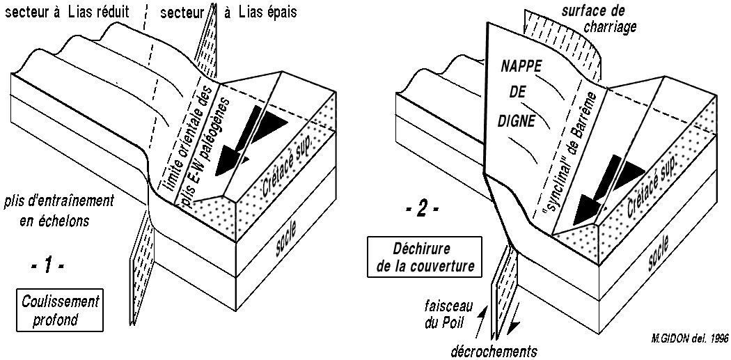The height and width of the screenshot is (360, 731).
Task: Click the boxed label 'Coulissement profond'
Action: tap(60, 308)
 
